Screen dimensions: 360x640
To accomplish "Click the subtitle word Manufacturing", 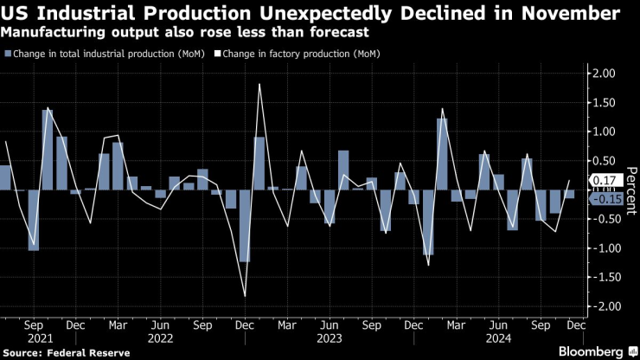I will pos(53,33).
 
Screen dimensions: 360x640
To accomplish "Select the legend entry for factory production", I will pos(302,54).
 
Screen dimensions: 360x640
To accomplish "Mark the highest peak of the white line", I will pos(259,84).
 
